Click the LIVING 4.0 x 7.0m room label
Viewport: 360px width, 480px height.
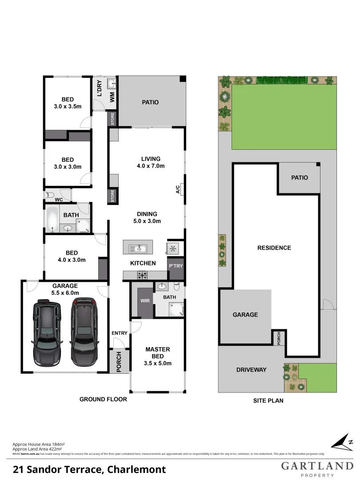(151, 162)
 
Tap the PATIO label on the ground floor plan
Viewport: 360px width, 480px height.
(150, 102)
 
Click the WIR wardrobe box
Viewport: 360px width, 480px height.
(145, 301)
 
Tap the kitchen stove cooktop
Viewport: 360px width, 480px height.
(142, 276)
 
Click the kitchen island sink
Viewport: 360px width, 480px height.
(137, 248)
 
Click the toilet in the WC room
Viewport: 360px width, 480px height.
(49, 195)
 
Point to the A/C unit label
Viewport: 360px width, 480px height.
(178, 190)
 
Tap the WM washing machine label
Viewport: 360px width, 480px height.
(112, 97)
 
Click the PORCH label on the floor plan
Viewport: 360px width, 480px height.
(119, 362)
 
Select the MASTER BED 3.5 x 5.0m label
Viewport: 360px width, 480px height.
(158, 356)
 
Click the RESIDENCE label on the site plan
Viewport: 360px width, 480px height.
(274, 248)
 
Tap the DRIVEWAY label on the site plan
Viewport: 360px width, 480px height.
(251, 369)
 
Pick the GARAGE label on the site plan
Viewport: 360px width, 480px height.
(245, 315)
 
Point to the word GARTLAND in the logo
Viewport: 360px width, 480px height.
(317, 466)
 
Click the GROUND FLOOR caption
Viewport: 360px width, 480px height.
(103, 399)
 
